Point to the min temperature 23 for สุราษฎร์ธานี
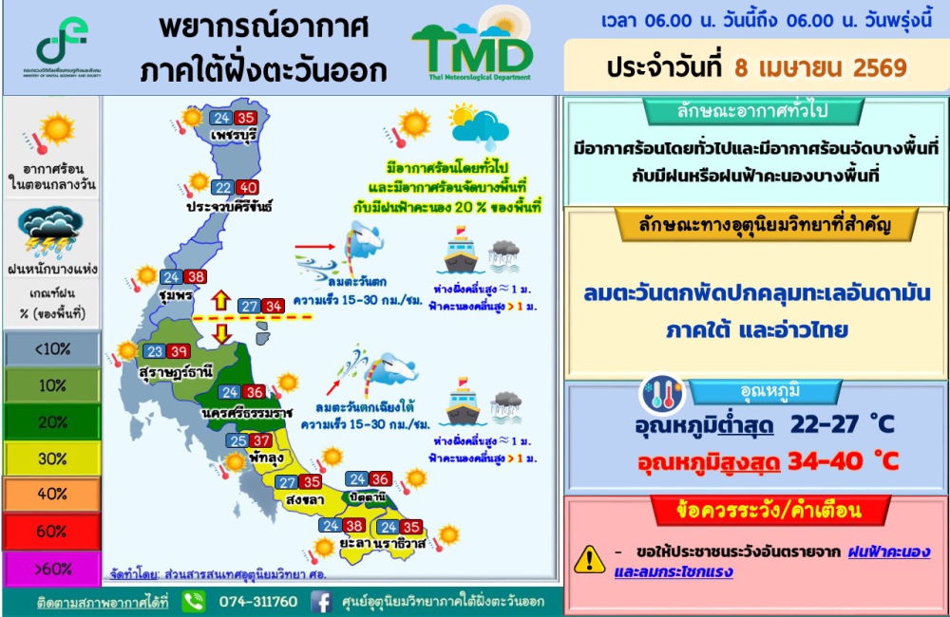[154, 351]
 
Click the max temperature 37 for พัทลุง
[262, 440]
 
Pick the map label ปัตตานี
[368, 496]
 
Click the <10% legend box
[51, 348]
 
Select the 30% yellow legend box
[51, 458]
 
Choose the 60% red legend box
[51, 531]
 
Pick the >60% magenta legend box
[51, 568]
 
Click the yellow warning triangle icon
[590, 559]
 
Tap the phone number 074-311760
[258, 602]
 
